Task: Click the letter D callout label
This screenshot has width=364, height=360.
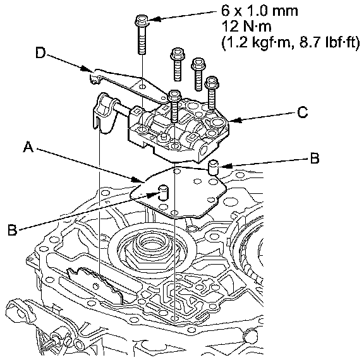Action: click(x=40, y=53)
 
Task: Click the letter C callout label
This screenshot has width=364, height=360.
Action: click(x=303, y=112)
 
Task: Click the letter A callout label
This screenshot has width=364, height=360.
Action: click(x=28, y=147)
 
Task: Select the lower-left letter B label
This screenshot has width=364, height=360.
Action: click(x=12, y=230)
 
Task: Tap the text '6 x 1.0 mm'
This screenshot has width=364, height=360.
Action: click(x=260, y=11)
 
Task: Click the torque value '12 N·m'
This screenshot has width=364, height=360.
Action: click(x=246, y=27)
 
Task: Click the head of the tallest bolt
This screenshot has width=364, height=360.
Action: click(x=142, y=20)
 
